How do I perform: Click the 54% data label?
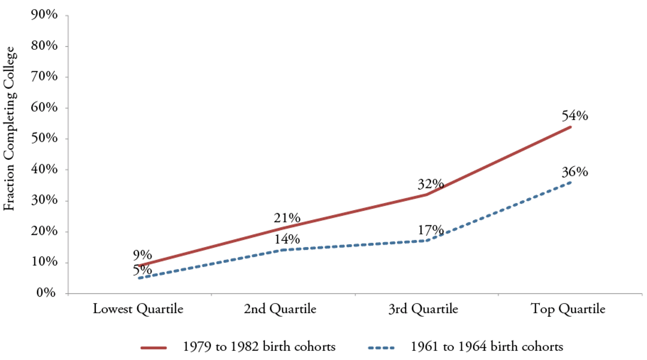(x=574, y=116)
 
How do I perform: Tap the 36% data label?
(x=574, y=172)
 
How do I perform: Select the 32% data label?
(x=431, y=184)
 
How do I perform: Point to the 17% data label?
(x=431, y=230)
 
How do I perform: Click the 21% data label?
(x=287, y=218)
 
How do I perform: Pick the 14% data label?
(x=287, y=239)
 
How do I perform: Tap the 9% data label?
(x=143, y=255)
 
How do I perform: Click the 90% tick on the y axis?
(x=44, y=15)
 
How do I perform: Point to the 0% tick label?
(x=46, y=293)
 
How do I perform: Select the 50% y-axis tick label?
(x=44, y=138)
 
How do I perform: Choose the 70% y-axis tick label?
(x=44, y=77)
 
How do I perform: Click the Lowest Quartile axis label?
(x=138, y=309)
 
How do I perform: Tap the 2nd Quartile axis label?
(x=280, y=309)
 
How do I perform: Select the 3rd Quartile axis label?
(x=423, y=309)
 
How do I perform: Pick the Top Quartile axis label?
(x=568, y=309)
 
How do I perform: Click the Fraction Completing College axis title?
(x=10, y=129)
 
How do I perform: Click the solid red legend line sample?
(x=153, y=348)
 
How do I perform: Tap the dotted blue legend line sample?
(x=381, y=348)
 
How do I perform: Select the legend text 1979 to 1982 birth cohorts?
(x=259, y=347)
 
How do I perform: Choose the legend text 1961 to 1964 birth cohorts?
(x=487, y=347)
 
